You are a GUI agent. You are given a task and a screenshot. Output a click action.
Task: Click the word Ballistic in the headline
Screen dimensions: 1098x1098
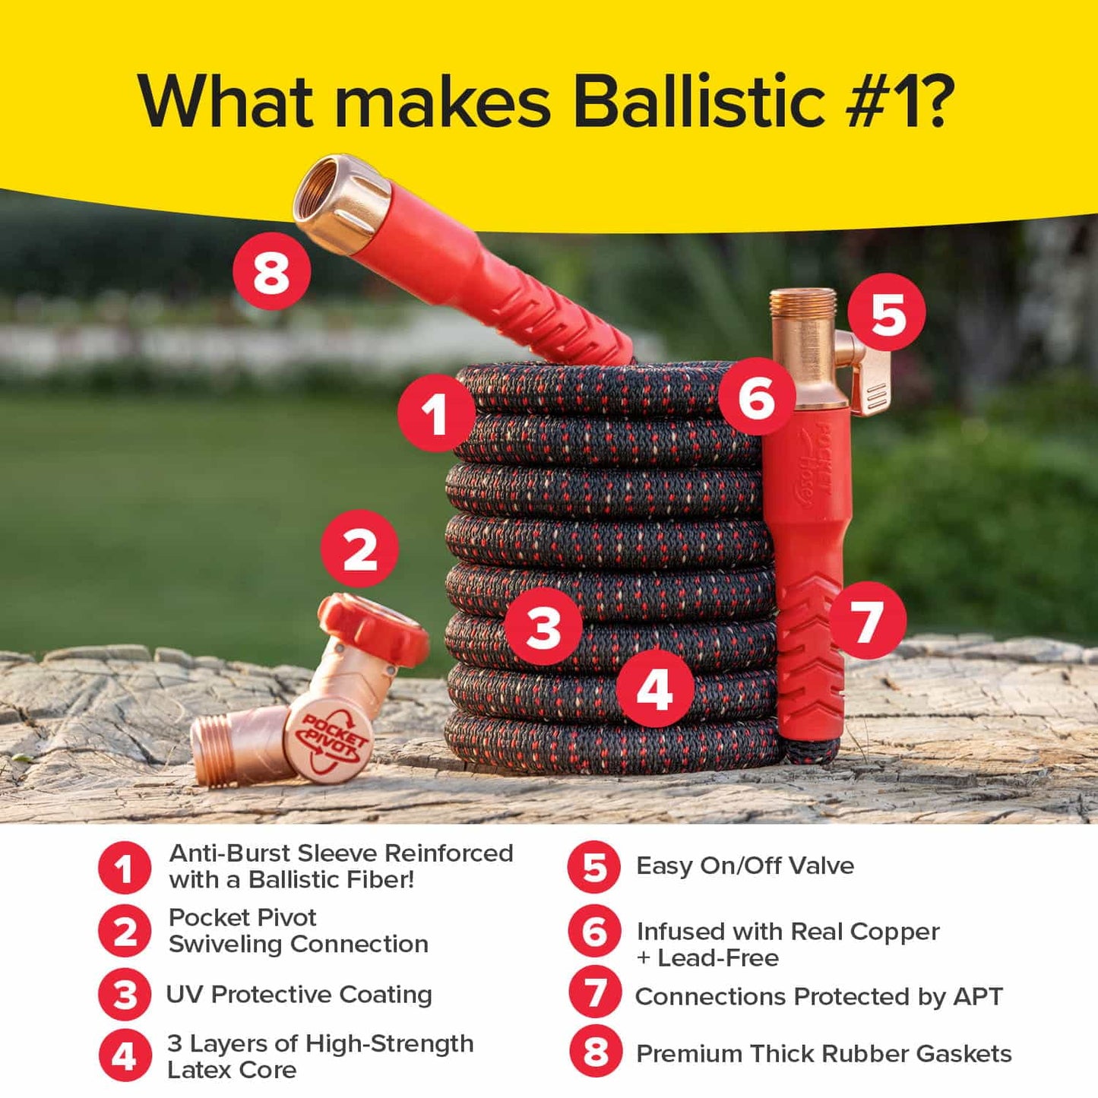coord(698,100)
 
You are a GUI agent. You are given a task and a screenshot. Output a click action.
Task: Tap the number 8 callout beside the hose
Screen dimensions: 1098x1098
coord(271,272)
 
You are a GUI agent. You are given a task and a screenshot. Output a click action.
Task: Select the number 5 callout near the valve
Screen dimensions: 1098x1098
coord(887,312)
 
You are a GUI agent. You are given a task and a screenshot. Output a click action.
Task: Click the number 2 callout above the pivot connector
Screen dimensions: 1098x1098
coord(359,549)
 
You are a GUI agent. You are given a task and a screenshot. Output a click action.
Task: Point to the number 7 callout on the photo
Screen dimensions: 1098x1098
coord(867,620)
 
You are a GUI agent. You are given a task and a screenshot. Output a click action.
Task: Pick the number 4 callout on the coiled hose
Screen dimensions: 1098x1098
coord(654,689)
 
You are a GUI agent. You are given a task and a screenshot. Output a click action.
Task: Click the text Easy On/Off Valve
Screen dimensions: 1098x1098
coord(745,866)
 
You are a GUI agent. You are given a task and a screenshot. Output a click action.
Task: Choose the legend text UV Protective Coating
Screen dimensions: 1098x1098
coord(299,995)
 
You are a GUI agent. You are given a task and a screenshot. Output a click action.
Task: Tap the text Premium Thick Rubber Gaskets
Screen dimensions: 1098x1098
coord(824,1054)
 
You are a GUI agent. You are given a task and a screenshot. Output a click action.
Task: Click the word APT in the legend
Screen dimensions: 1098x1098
coord(977,996)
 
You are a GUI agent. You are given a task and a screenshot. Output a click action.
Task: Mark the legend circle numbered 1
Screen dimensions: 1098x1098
coord(125,867)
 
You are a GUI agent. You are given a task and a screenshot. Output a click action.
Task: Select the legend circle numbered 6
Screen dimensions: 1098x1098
coord(595,932)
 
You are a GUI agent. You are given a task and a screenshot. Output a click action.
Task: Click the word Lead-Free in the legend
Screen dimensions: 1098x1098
coord(718,958)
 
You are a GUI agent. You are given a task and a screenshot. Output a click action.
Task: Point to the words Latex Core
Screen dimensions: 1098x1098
coord(232,1070)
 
